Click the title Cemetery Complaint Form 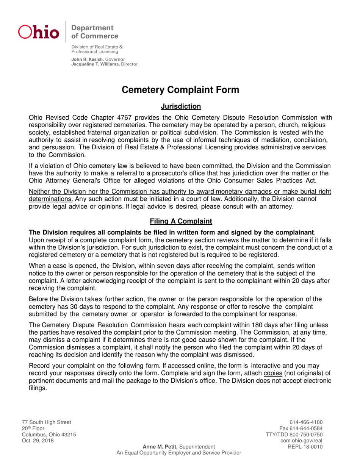point(180,90)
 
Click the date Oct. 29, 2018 point(38,441)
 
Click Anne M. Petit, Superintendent point(179,447)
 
